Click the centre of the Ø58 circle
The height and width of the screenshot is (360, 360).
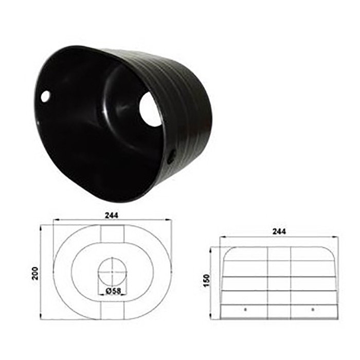(112, 271)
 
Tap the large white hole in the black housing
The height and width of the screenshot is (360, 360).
(150, 109)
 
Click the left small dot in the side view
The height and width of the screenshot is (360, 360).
(245, 309)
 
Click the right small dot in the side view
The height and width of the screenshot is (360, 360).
(313, 309)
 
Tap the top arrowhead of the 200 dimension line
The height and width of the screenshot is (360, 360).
(41, 227)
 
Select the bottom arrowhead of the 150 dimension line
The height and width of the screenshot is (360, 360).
(212, 315)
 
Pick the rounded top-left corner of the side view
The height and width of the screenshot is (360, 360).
(228, 250)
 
